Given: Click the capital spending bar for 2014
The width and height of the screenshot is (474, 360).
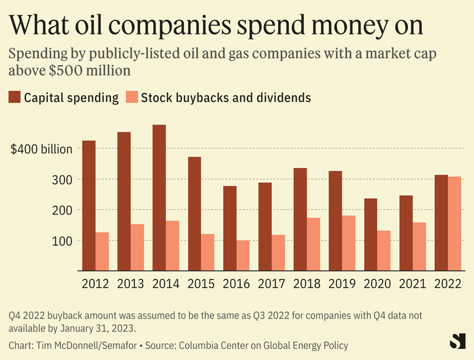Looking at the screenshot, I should (x=159, y=197).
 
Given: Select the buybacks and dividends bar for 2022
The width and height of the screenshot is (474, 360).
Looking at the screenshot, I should (x=454, y=224).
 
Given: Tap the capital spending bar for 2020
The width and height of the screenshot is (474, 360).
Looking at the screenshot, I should (x=370, y=234).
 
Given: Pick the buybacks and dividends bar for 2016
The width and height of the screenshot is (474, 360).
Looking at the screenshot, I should (x=243, y=255).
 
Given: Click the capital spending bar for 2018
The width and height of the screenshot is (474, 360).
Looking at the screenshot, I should (x=300, y=219).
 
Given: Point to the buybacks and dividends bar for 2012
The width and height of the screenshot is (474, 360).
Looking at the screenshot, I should (x=102, y=251).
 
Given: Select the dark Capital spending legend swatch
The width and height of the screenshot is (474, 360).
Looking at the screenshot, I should (x=15, y=97).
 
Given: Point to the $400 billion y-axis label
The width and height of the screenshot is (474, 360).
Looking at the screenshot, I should (x=42, y=149).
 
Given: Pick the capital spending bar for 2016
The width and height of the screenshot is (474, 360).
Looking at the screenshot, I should (x=230, y=228).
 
